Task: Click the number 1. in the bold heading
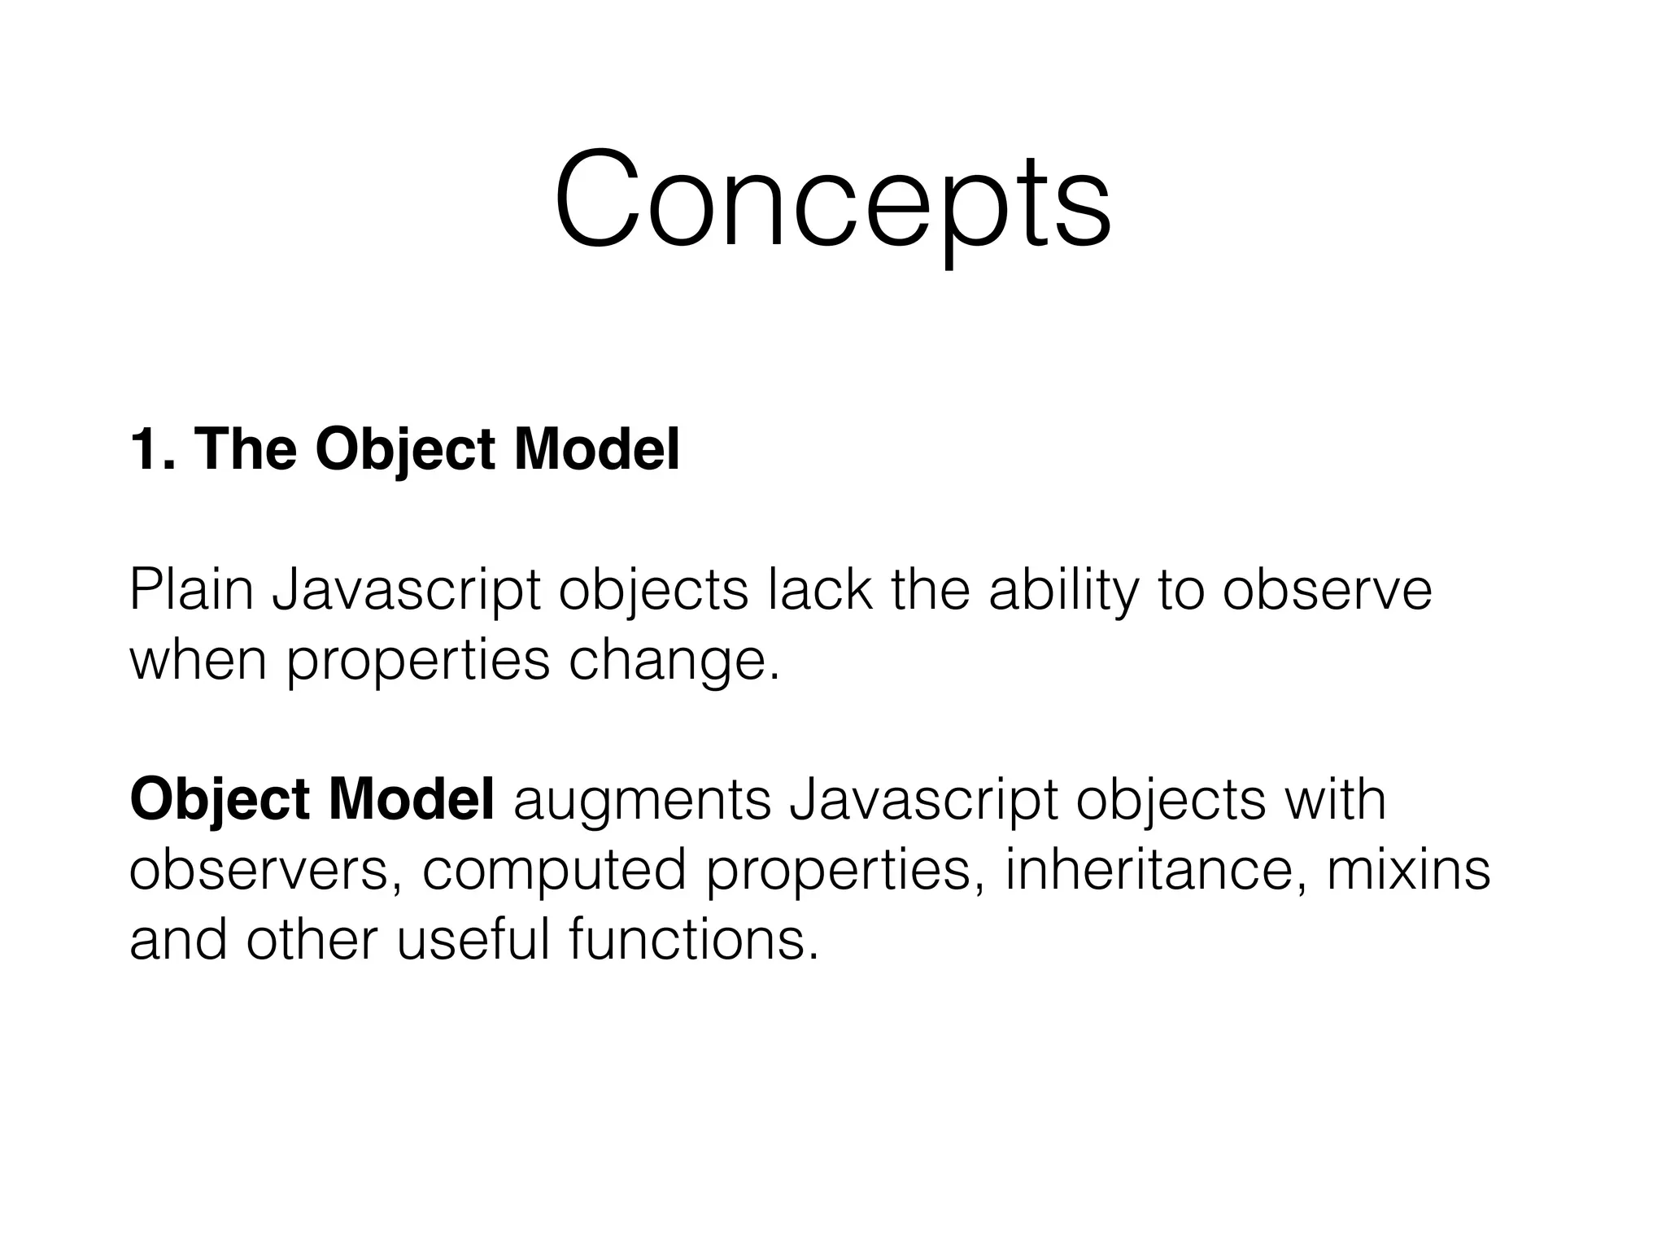tap(153, 449)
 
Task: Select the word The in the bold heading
tap(245, 449)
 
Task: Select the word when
tap(198, 660)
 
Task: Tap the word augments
tap(642, 800)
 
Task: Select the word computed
tap(554, 870)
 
